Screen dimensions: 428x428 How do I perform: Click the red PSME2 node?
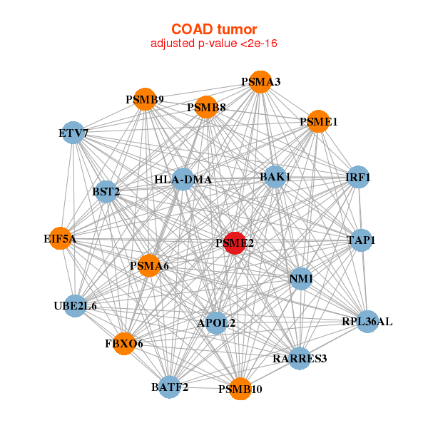[x=235, y=243]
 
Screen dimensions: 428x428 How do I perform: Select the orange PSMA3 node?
[x=260, y=81]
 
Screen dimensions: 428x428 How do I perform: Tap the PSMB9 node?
[x=145, y=100]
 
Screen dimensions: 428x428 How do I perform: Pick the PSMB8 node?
[x=206, y=108]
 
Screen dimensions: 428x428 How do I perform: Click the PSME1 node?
[x=318, y=121]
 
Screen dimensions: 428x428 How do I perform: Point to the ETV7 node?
[x=73, y=133]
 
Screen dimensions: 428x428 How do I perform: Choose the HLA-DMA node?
[x=183, y=179]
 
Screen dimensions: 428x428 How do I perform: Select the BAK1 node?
[x=275, y=176]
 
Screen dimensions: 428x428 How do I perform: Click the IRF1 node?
[x=357, y=177]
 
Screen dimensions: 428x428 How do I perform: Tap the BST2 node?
[x=106, y=191]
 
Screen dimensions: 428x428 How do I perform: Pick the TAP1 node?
[x=360, y=240]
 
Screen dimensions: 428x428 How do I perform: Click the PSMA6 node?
[x=149, y=265]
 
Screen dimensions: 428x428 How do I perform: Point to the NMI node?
[x=301, y=278]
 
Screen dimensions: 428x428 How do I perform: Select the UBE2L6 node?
[x=75, y=305]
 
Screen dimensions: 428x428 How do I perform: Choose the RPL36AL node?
[x=367, y=322]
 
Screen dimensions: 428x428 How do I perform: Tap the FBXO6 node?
[x=124, y=343]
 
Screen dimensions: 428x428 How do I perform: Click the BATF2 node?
[x=170, y=387]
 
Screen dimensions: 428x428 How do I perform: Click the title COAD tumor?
[x=214, y=29]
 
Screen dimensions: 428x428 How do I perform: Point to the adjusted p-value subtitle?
[x=214, y=44]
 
